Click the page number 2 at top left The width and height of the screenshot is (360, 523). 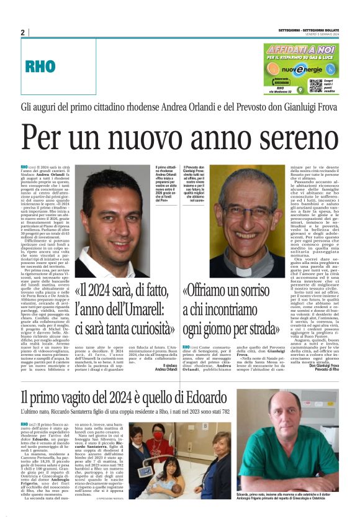click(22, 32)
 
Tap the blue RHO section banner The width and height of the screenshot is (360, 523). click(41, 65)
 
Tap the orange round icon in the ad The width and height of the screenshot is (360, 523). click(272, 70)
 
